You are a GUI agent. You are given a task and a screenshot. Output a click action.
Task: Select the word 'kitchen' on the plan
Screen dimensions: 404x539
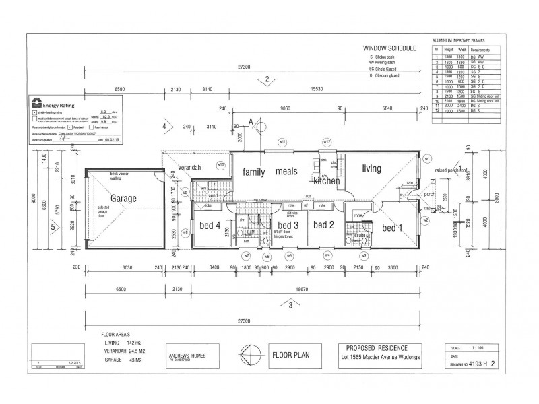(x=326, y=182)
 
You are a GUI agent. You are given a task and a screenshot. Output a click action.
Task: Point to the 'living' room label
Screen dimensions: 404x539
(x=371, y=168)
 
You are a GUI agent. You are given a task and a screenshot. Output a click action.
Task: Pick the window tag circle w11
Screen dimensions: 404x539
(x=283, y=142)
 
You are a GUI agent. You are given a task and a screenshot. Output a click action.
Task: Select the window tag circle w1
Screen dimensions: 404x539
(x=426, y=159)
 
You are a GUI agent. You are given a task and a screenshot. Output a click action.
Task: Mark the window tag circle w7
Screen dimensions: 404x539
(x=247, y=256)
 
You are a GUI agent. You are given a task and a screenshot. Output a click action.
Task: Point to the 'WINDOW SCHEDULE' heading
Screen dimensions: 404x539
(x=389, y=49)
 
